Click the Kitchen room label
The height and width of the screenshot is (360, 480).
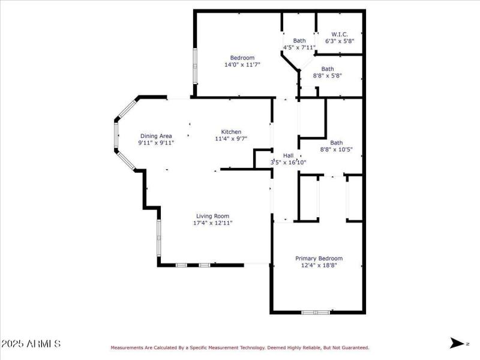point(231,132)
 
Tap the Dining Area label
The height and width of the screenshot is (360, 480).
point(156,136)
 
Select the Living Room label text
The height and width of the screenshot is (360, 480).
point(212,216)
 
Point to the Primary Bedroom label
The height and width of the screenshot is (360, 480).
point(320,259)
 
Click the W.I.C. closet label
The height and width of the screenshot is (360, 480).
point(340,34)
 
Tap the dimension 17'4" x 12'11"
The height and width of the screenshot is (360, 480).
point(212,223)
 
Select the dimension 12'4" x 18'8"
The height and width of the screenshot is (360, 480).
point(320,265)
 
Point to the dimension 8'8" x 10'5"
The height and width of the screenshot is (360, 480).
point(336,149)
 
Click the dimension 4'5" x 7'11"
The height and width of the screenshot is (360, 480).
point(299,47)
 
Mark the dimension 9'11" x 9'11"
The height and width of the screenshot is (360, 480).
point(156,143)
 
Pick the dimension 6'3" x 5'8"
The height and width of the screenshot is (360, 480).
point(340,41)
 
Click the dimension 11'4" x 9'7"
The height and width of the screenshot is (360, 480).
point(231,139)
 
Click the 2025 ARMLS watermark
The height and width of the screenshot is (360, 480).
point(31,344)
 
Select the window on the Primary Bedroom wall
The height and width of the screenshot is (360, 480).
point(316,312)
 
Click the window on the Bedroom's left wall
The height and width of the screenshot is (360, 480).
point(194,68)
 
